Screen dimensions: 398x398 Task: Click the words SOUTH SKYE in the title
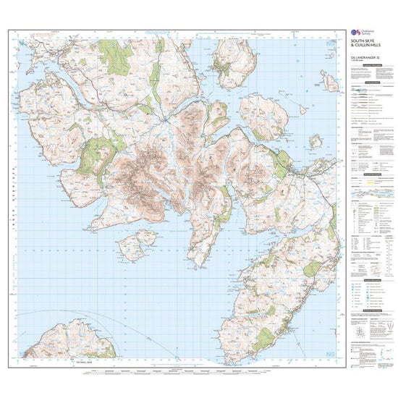point(364,41)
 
